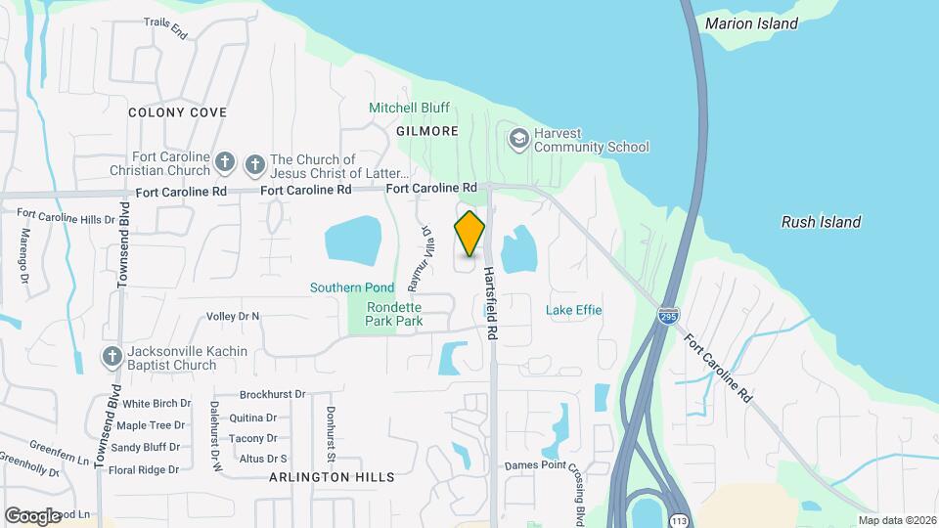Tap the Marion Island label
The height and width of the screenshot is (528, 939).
point(751,23)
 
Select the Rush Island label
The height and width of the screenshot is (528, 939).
point(821,222)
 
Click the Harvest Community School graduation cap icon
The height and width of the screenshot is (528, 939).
point(517,139)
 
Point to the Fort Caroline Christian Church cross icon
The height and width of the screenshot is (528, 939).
point(225,162)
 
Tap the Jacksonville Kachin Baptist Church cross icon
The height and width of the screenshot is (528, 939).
point(112,358)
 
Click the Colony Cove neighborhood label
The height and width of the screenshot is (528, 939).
point(178,112)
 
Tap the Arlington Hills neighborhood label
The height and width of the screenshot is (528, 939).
point(332,477)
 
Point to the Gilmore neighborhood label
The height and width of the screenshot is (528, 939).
point(427,131)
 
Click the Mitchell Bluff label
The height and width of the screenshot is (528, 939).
point(409,108)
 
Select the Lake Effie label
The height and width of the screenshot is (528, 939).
point(574,310)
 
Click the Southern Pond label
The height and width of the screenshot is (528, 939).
point(352,287)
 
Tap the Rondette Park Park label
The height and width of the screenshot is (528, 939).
point(394,313)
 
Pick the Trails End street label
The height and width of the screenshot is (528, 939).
point(165,27)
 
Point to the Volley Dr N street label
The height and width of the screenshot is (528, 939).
point(233,316)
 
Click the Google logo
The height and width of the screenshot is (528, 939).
point(33,515)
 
